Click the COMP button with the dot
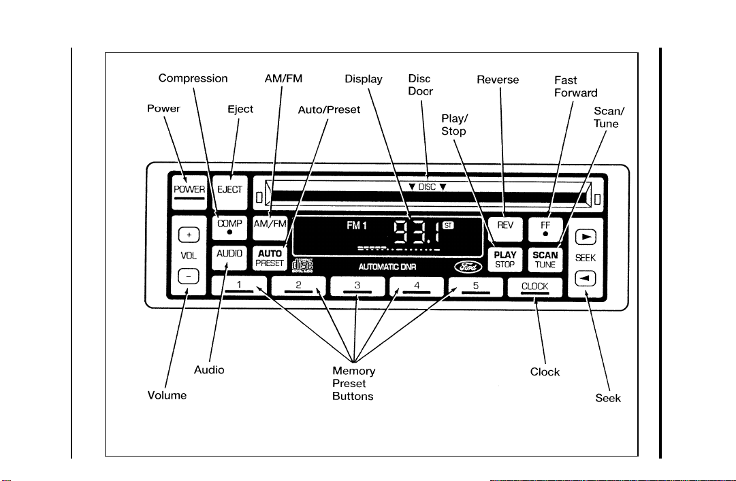click(229, 228)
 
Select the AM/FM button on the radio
click(270, 228)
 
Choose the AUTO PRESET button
click(270, 259)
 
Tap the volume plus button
click(189, 235)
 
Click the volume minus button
click(189, 277)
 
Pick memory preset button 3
click(357, 286)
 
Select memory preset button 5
click(475, 286)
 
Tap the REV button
click(505, 229)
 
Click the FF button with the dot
click(545, 229)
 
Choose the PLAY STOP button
click(505, 259)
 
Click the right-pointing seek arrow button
click(586, 237)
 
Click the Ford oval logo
click(468, 267)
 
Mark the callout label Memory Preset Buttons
click(353, 384)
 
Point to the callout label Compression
click(193, 78)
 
